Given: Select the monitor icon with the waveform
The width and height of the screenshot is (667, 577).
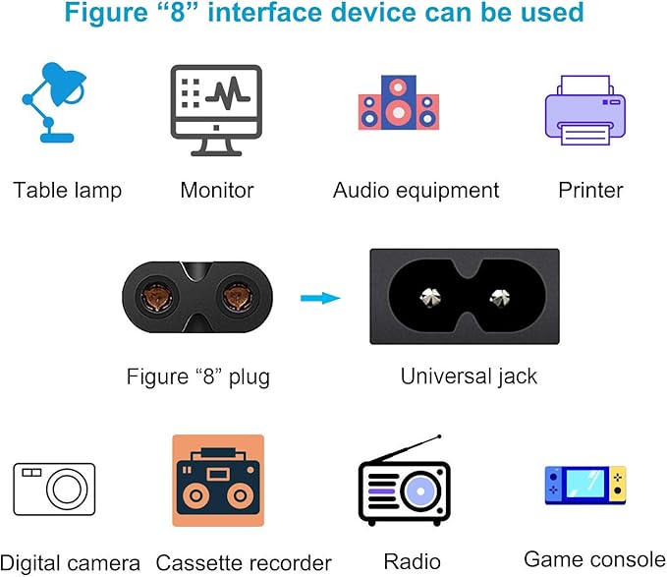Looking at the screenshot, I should [216, 109].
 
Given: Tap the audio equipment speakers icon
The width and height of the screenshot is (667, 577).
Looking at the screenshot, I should [397, 103].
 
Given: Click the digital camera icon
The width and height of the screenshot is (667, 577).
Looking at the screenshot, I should [54, 489].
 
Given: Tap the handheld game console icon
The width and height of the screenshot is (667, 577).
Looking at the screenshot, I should [584, 485].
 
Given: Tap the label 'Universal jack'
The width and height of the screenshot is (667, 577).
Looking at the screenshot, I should [469, 375].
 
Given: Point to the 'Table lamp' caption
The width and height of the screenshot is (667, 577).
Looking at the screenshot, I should [67, 190].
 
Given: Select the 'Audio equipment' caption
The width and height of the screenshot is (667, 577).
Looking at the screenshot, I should [416, 190].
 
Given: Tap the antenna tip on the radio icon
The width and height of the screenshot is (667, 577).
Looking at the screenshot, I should [440, 437].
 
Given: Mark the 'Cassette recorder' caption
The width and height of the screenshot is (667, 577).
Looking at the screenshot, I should [244, 562].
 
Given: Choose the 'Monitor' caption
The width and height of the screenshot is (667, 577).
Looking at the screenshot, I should [216, 190].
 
